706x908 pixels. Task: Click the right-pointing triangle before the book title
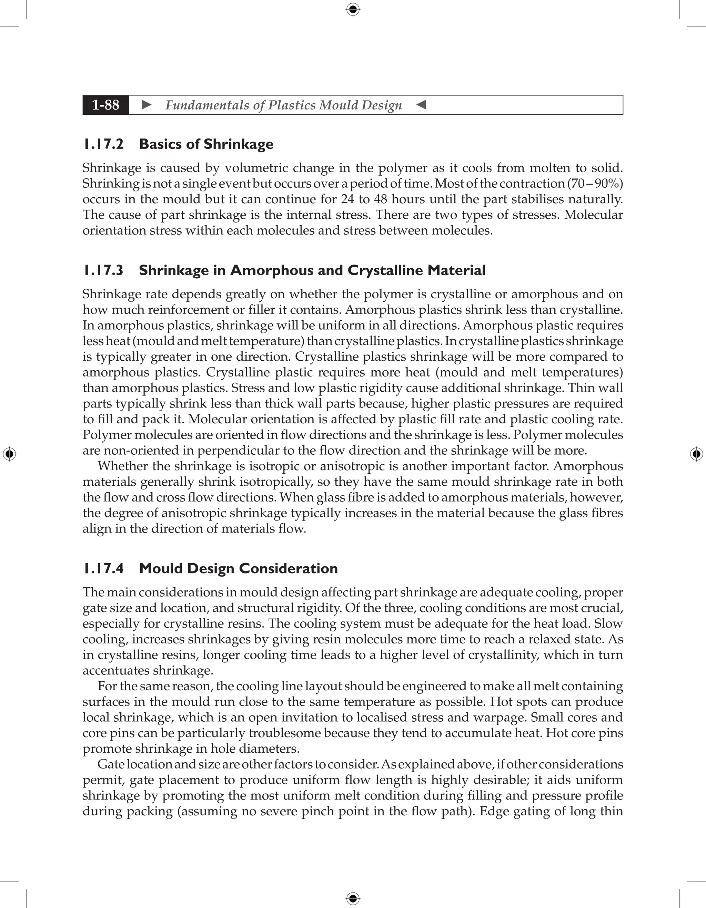point(147,105)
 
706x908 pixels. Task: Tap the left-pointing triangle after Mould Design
point(421,105)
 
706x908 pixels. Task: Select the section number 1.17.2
point(103,144)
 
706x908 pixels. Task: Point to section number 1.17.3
point(103,271)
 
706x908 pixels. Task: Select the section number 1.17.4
point(103,569)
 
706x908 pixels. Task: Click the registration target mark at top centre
point(353,9)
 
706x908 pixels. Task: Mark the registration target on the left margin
point(9,454)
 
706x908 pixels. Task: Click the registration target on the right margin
point(696,454)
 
